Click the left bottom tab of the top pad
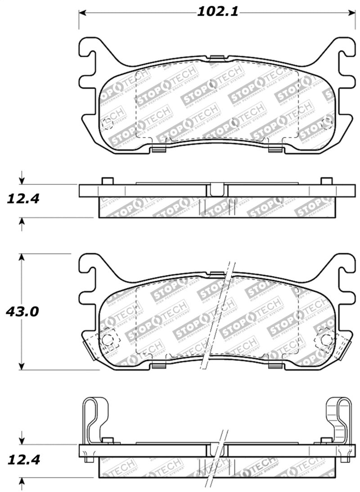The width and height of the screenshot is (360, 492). point(158,149)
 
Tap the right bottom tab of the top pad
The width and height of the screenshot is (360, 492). point(274,149)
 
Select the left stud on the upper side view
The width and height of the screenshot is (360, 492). point(107,181)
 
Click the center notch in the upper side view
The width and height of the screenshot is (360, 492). point(216,189)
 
